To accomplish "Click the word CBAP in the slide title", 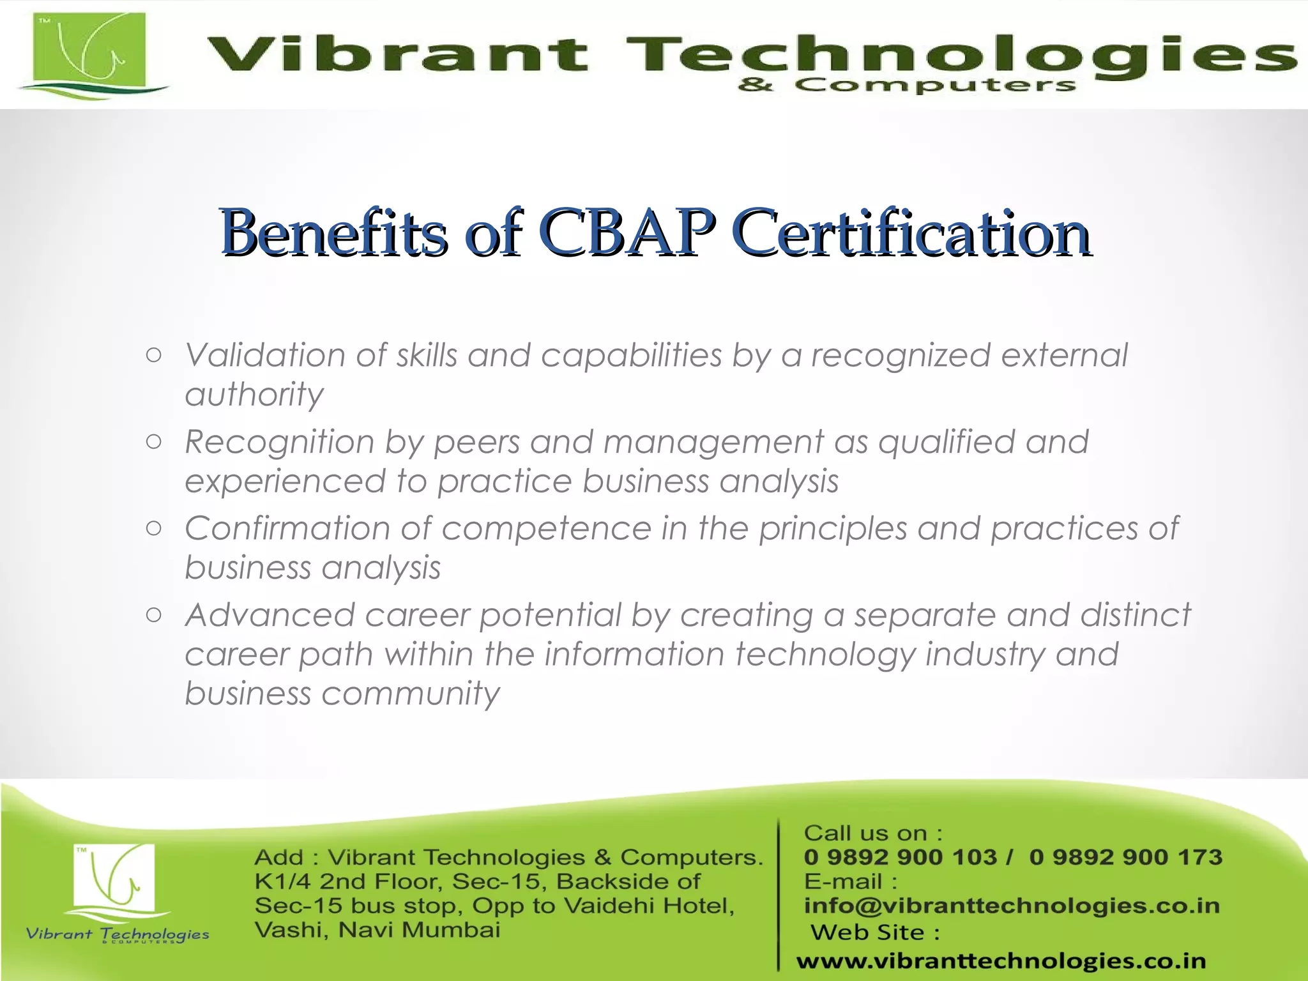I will (x=627, y=232).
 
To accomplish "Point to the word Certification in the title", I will (x=913, y=232).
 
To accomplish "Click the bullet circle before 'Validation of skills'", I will (x=153, y=355).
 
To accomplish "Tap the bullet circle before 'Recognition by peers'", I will (x=153, y=442).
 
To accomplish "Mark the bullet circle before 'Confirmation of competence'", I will (x=153, y=528).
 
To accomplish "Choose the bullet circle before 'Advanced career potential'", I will (x=153, y=615).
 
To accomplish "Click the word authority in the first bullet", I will (x=254, y=395).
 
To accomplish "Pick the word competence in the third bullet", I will (x=546, y=528).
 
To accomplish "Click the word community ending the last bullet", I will (x=411, y=694).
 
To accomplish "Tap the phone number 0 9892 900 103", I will (x=900, y=857).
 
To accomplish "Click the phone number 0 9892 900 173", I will (x=1125, y=857).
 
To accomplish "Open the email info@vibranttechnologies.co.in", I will (x=1012, y=906).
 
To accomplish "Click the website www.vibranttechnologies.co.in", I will (x=1001, y=961).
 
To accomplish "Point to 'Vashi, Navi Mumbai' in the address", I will (x=377, y=930).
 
